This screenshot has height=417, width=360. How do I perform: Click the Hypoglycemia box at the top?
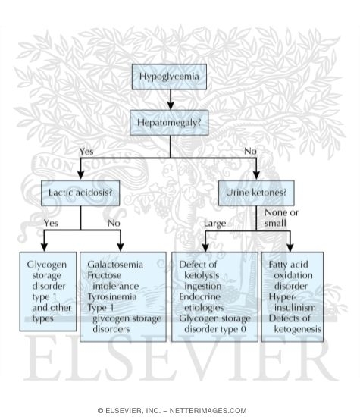click(x=169, y=76)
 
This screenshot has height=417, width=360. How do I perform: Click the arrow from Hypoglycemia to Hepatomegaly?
click(x=169, y=99)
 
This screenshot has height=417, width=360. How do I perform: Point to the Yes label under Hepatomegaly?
click(x=86, y=151)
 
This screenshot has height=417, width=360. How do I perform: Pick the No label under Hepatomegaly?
click(x=250, y=151)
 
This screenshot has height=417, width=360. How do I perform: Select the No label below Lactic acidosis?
click(x=114, y=223)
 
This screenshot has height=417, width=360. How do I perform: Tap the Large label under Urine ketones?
click(x=217, y=223)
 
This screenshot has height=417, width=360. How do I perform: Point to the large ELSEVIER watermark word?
click(x=180, y=372)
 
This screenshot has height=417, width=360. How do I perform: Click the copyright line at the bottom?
click(x=180, y=410)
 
